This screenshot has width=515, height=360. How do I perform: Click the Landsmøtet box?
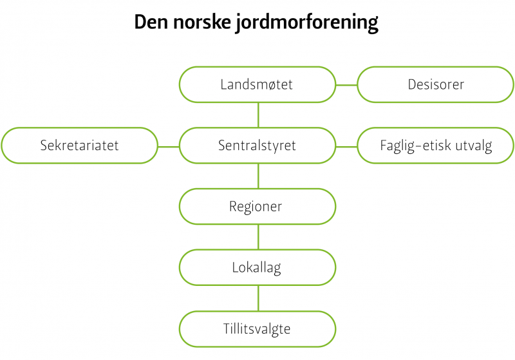tap(257, 84)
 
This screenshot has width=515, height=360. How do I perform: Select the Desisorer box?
tap(436, 84)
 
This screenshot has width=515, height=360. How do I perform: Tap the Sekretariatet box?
tap(79, 146)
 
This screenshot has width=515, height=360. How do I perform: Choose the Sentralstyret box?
tap(257, 146)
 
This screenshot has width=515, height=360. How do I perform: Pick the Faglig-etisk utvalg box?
tap(436, 146)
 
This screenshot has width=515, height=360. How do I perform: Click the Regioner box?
tap(257, 207)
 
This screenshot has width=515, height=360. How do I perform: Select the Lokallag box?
tap(257, 267)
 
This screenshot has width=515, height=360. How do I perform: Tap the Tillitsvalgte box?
tap(257, 329)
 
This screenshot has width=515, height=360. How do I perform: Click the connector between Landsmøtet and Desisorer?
tap(346, 85)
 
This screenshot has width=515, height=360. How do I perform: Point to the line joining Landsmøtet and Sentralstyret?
tap(259, 115)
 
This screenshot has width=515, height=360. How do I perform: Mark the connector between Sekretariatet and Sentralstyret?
tap(169, 147)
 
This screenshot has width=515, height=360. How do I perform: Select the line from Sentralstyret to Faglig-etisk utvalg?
tap(346, 147)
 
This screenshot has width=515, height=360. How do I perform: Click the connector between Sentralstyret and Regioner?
tap(259, 176)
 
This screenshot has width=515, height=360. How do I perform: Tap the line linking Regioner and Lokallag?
tap(259, 237)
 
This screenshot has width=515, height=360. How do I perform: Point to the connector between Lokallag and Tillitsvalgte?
tap(259, 298)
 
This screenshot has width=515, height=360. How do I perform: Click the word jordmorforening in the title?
tap(307, 23)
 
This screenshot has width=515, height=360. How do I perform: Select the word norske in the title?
tap(201, 23)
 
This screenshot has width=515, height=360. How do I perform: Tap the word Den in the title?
tap(151, 22)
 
